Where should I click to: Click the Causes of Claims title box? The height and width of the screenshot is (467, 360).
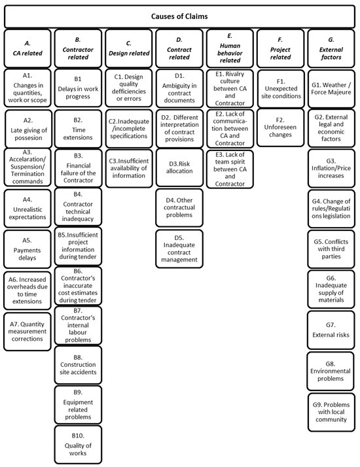179,14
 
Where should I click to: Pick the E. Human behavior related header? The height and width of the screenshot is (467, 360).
229,48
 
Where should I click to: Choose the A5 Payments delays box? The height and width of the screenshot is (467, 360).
27,247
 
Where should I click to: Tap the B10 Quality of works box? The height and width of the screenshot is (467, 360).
79,441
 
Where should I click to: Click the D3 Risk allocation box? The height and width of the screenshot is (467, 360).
179,166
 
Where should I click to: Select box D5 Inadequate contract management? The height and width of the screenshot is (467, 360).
179,247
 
